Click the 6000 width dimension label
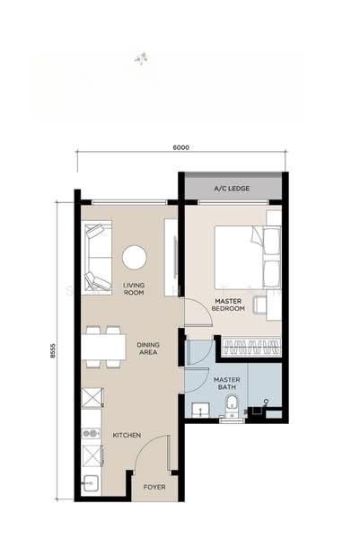(180, 147)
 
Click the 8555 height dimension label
(53, 351)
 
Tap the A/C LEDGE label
(232, 189)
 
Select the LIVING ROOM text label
(134, 288)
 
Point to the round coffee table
(135, 257)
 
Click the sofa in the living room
(98, 257)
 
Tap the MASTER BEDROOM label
(228, 305)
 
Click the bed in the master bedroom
(247, 257)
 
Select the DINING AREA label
(148, 349)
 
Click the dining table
(104, 347)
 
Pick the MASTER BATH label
(227, 384)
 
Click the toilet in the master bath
(232, 406)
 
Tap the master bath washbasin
(200, 410)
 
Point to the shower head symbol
(266, 402)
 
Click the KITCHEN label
(127, 435)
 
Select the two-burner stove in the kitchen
(91, 434)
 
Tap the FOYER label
(154, 487)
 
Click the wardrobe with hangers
(251, 346)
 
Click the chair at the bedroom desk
(259, 305)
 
